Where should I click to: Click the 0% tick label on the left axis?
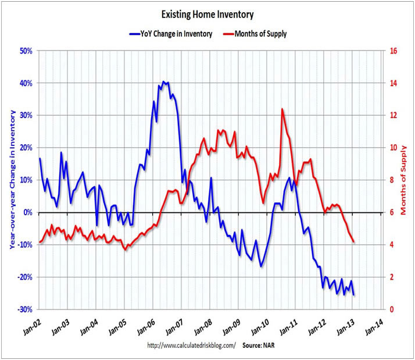coord(27,212)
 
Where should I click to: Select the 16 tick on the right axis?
coord(393,51)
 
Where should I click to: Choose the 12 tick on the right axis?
coord(393,115)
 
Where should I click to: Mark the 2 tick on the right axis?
coord(392,277)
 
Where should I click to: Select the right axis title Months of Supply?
coord(405,180)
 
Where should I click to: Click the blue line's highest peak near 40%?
coord(164,82)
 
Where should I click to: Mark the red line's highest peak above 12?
coord(282,109)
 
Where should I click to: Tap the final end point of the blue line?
coord(354,295)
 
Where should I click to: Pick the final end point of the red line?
coord(354,242)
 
